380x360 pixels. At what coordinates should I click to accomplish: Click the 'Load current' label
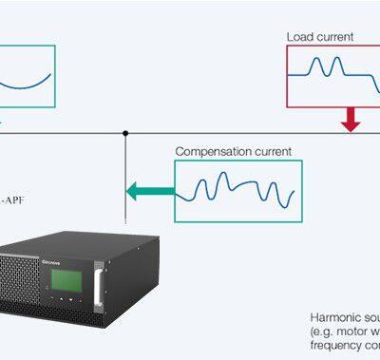tap(320, 37)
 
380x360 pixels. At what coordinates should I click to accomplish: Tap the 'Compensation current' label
tap(233, 151)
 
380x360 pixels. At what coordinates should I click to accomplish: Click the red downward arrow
tap(351, 119)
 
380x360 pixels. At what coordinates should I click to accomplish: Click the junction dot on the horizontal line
tap(125, 133)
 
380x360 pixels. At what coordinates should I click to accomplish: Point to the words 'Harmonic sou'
tap(345, 316)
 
